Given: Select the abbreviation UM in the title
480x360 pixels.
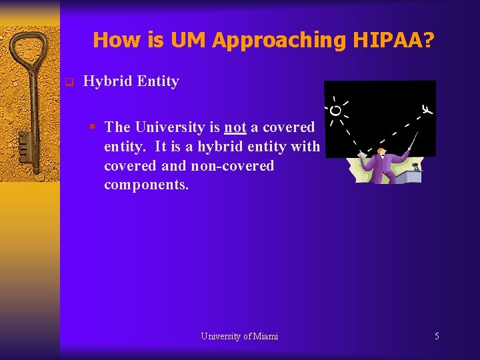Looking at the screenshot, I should [189, 40].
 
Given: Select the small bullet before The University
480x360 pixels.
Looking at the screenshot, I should [95, 127].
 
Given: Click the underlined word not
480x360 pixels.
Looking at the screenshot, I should [235, 127].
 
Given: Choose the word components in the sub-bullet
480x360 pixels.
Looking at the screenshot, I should [146, 185].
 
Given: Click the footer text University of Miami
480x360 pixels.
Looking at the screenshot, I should [239, 336].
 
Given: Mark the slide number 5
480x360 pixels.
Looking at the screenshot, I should [437, 336].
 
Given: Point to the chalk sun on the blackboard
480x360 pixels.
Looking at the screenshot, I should [336, 109].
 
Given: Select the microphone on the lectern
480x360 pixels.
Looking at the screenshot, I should [416, 165].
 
